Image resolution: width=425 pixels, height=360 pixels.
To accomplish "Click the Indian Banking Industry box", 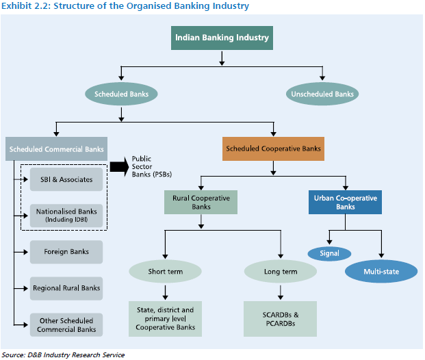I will (x=222, y=38).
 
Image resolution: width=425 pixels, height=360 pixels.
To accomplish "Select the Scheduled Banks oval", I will (x=122, y=92).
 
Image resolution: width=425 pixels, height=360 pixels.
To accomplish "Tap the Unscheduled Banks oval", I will (x=322, y=92).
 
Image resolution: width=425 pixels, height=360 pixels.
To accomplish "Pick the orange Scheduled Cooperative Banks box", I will (x=273, y=149).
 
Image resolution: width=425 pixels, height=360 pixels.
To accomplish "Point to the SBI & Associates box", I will (x=66, y=180).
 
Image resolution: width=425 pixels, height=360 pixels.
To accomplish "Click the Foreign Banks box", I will (x=66, y=251).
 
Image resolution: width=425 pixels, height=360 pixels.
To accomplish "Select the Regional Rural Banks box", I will (x=66, y=288).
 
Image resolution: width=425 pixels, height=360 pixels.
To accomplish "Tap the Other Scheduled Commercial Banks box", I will (x=66, y=324).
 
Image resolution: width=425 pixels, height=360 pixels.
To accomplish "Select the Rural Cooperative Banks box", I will (x=201, y=202).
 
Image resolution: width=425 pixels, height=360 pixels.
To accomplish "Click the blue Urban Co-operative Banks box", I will (x=344, y=202).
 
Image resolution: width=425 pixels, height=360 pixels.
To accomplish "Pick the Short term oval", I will (x=165, y=272).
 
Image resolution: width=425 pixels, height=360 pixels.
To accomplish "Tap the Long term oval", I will (x=280, y=272).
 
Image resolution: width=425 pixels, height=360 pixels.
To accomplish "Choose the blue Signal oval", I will (x=329, y=253).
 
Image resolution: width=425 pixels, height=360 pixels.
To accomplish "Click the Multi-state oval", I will (x=381, y=272).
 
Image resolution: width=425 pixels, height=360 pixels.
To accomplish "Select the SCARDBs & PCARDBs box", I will (x=280, y=318).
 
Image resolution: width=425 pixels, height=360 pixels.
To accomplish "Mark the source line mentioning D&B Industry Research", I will (x=63, y=355).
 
